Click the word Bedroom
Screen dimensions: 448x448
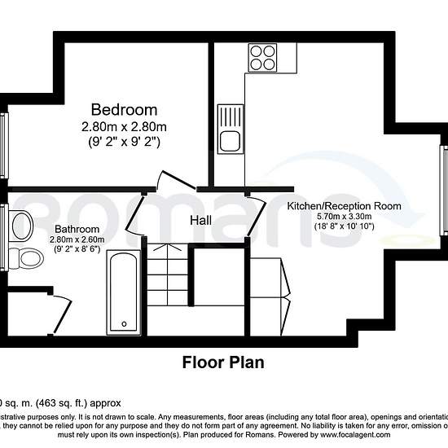[124, 110]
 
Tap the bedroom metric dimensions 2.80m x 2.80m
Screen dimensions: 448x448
[124, 126]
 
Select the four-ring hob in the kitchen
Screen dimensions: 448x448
[263, 58]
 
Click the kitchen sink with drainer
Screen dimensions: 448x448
[228, 130]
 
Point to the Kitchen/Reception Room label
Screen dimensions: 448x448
[345, 206]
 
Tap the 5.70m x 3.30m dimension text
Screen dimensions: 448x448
[345, 217]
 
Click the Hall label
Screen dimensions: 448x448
[202, 221]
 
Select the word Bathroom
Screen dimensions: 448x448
[77, 229]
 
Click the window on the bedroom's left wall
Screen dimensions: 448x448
[3, 134]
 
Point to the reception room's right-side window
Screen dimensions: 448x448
[444, 187]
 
